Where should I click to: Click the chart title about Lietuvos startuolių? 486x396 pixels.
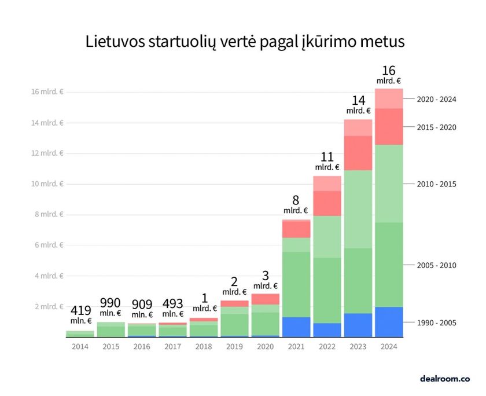[245, 42]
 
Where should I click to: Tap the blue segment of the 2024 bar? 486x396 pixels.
[389, 321]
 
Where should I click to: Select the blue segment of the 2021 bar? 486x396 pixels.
[296, 327]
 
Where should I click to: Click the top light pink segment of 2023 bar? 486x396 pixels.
[358, 127]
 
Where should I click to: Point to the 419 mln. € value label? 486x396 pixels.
[80, 314]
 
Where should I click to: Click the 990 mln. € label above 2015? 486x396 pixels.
[111, 307]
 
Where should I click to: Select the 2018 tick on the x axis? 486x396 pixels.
[204, 346]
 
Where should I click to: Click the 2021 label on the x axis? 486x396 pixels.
[296, 346]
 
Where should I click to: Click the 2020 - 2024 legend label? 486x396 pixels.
[436, 99]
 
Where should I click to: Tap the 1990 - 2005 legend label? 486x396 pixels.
[436, 322]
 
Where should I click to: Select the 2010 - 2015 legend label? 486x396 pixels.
[436, 184]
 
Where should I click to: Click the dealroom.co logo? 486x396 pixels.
[444, 379]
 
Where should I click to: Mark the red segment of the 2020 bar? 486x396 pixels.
[266, 299]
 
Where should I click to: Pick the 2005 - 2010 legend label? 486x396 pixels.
[436, 265]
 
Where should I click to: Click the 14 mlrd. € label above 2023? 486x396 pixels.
[358, 105]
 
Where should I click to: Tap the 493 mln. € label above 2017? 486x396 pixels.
[172, 307]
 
